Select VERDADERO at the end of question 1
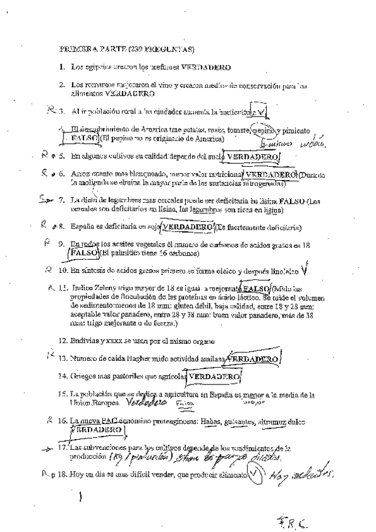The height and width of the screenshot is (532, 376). pos(207,66)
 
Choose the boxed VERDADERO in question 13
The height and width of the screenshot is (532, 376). pos(251,358)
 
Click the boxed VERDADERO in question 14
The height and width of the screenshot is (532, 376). pos(215,376)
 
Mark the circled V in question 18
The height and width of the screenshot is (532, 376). pos(254,474)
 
